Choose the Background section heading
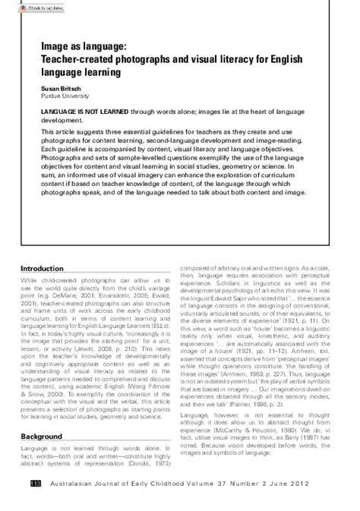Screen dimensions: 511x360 tap(41, 437)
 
